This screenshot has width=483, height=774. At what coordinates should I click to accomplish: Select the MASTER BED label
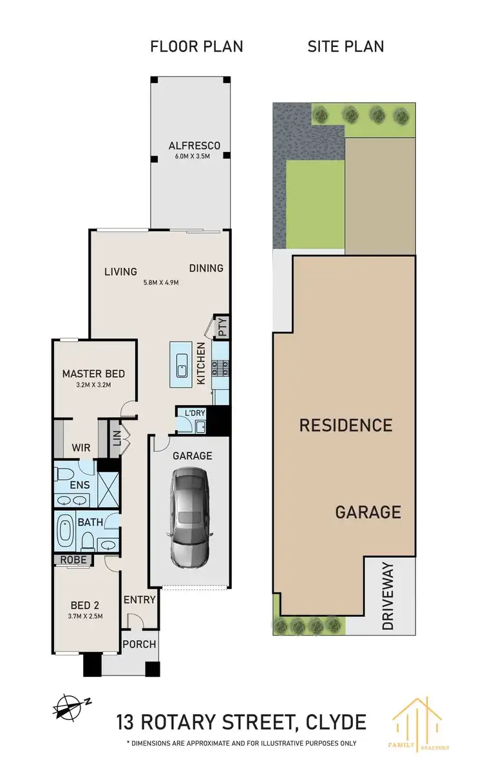tap(93, 373)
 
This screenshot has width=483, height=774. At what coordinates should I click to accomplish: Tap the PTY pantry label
tap(223, 328)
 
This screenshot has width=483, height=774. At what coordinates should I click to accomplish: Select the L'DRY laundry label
tap(194, 412)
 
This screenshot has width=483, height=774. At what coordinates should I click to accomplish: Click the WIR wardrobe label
tap(80, 447)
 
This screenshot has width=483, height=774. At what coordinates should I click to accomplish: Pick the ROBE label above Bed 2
tap(73, 560)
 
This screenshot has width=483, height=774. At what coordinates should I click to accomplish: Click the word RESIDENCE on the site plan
tap(345, 425)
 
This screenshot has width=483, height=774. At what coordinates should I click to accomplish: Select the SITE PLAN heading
tap(345, 46)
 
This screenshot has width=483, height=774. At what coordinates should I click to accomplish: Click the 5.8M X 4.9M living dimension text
tap(160, 282)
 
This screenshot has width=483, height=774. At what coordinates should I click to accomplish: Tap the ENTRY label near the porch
tap(140, 599)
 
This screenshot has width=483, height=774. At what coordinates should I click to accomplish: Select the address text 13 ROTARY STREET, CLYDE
tap(241, 721)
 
